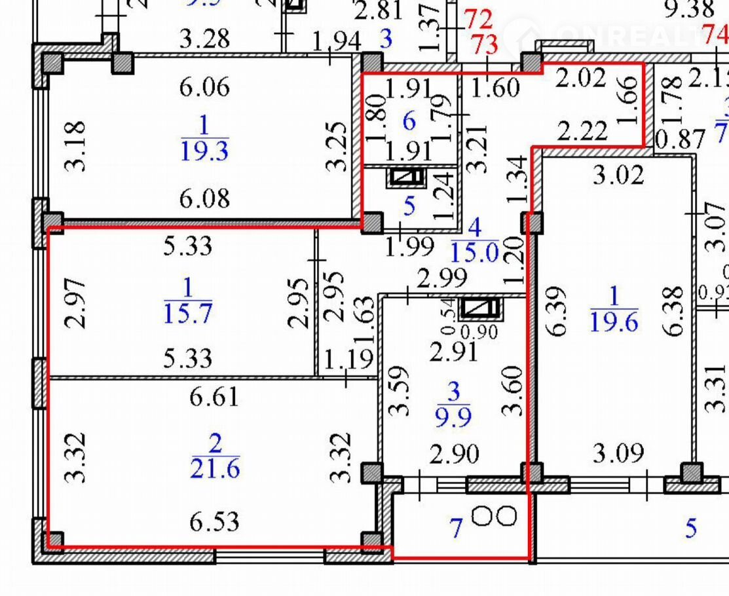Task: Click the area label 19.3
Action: click(204, 152)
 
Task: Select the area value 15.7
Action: click(187, 314)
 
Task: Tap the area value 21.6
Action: click(215, 469)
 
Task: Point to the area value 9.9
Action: click(453, 416)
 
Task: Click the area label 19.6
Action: click(614, 322)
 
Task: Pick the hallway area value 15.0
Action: click(475, 251)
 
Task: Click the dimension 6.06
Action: click(204, 86)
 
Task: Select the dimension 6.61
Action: click(214, 398)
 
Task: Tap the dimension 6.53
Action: click(214, 522)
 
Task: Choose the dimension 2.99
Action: click(441, 279)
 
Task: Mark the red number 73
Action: click(484, 45)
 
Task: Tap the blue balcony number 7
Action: click(457, 527)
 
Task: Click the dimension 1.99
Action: click(402, 246)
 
